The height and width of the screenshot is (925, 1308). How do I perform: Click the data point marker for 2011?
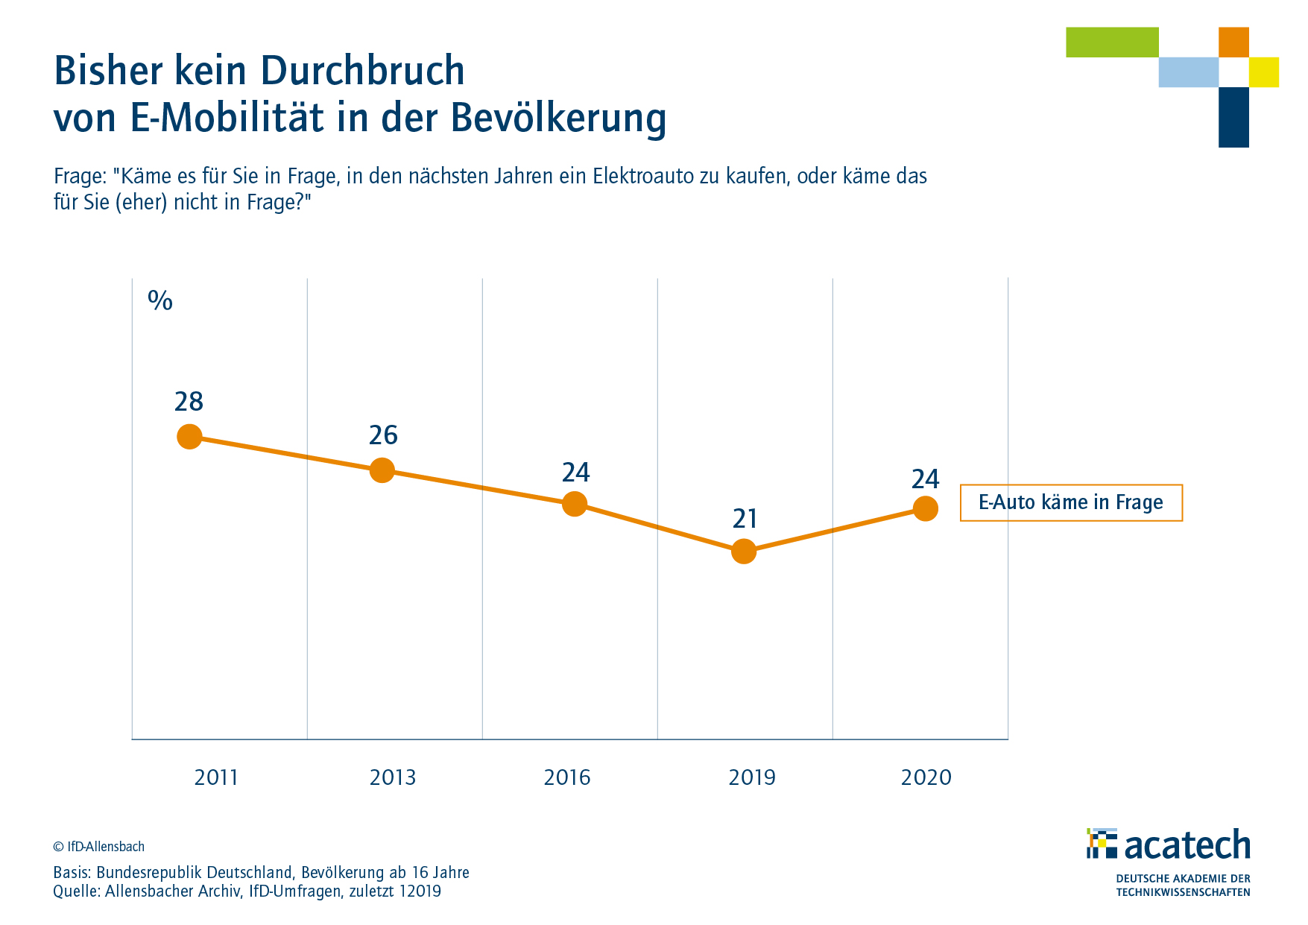coord(189,437)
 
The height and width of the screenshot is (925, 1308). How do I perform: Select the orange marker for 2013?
coord(382,470)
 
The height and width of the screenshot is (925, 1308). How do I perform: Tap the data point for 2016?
coord(574,504)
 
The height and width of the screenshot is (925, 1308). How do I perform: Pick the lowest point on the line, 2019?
coord(744,552)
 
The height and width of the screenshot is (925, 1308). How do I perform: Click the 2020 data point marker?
coord(925,508)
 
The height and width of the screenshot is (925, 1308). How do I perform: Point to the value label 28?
coord(189,402)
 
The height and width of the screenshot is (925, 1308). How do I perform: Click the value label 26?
coord(383,435)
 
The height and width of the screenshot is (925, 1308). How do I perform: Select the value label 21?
coord(745,519)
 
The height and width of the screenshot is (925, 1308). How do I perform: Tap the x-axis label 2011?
coord(215,778)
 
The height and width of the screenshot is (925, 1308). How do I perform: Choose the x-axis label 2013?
coord(393,778)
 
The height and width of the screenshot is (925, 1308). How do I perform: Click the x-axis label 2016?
coord(567,778)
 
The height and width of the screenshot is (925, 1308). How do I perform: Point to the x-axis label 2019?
coord(751,778)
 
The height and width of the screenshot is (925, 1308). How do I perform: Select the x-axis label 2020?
coord(926,778)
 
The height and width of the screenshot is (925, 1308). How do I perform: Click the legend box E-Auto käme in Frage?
coord(1070,502)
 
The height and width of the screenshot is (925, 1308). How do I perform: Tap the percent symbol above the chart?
coord(160,300)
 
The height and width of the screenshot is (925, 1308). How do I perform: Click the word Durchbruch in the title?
coord(363,71)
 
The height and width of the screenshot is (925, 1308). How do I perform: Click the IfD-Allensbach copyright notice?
coord(99,847)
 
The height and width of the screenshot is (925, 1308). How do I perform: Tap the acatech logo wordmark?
coord(1187,845)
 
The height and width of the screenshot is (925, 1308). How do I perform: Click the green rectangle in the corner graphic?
coord(1112,42)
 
